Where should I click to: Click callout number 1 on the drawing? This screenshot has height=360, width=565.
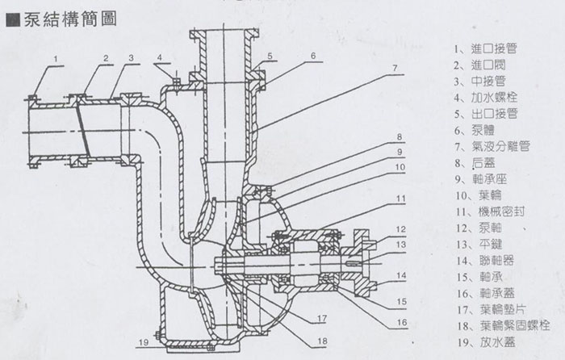(58, 59)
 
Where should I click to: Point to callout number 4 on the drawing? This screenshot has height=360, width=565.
(160, 57)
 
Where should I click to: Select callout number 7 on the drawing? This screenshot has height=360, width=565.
(395, 69)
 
